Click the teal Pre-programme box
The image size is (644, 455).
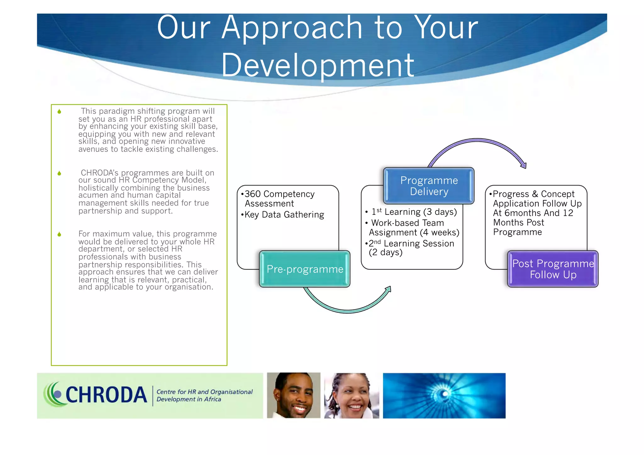(304, 269)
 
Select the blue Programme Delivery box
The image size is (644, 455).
(429, 186)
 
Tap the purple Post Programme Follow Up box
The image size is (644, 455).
(553, 269)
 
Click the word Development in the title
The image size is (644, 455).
(318, 65)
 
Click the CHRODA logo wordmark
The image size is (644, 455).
(106, 395)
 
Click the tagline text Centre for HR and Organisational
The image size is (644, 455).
(204, 392)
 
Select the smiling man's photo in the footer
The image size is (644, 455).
(293, 395)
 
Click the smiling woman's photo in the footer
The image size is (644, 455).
(352, 396)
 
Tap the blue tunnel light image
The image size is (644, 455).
(444, 396)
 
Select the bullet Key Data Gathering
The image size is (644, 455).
(284, 215)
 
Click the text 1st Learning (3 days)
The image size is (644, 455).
(414, 212)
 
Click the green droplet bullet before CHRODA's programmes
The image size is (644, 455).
(59, 173)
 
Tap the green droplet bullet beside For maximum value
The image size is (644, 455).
(59, 234)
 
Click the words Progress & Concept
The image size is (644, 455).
(533, 194)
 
